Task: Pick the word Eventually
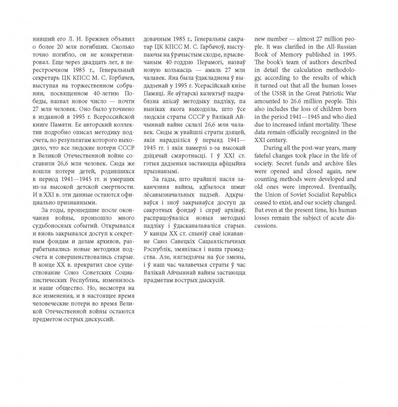pyautogui.click(x=341, y=187)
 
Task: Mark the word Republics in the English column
pyautogui.click(x=343, y=194)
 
